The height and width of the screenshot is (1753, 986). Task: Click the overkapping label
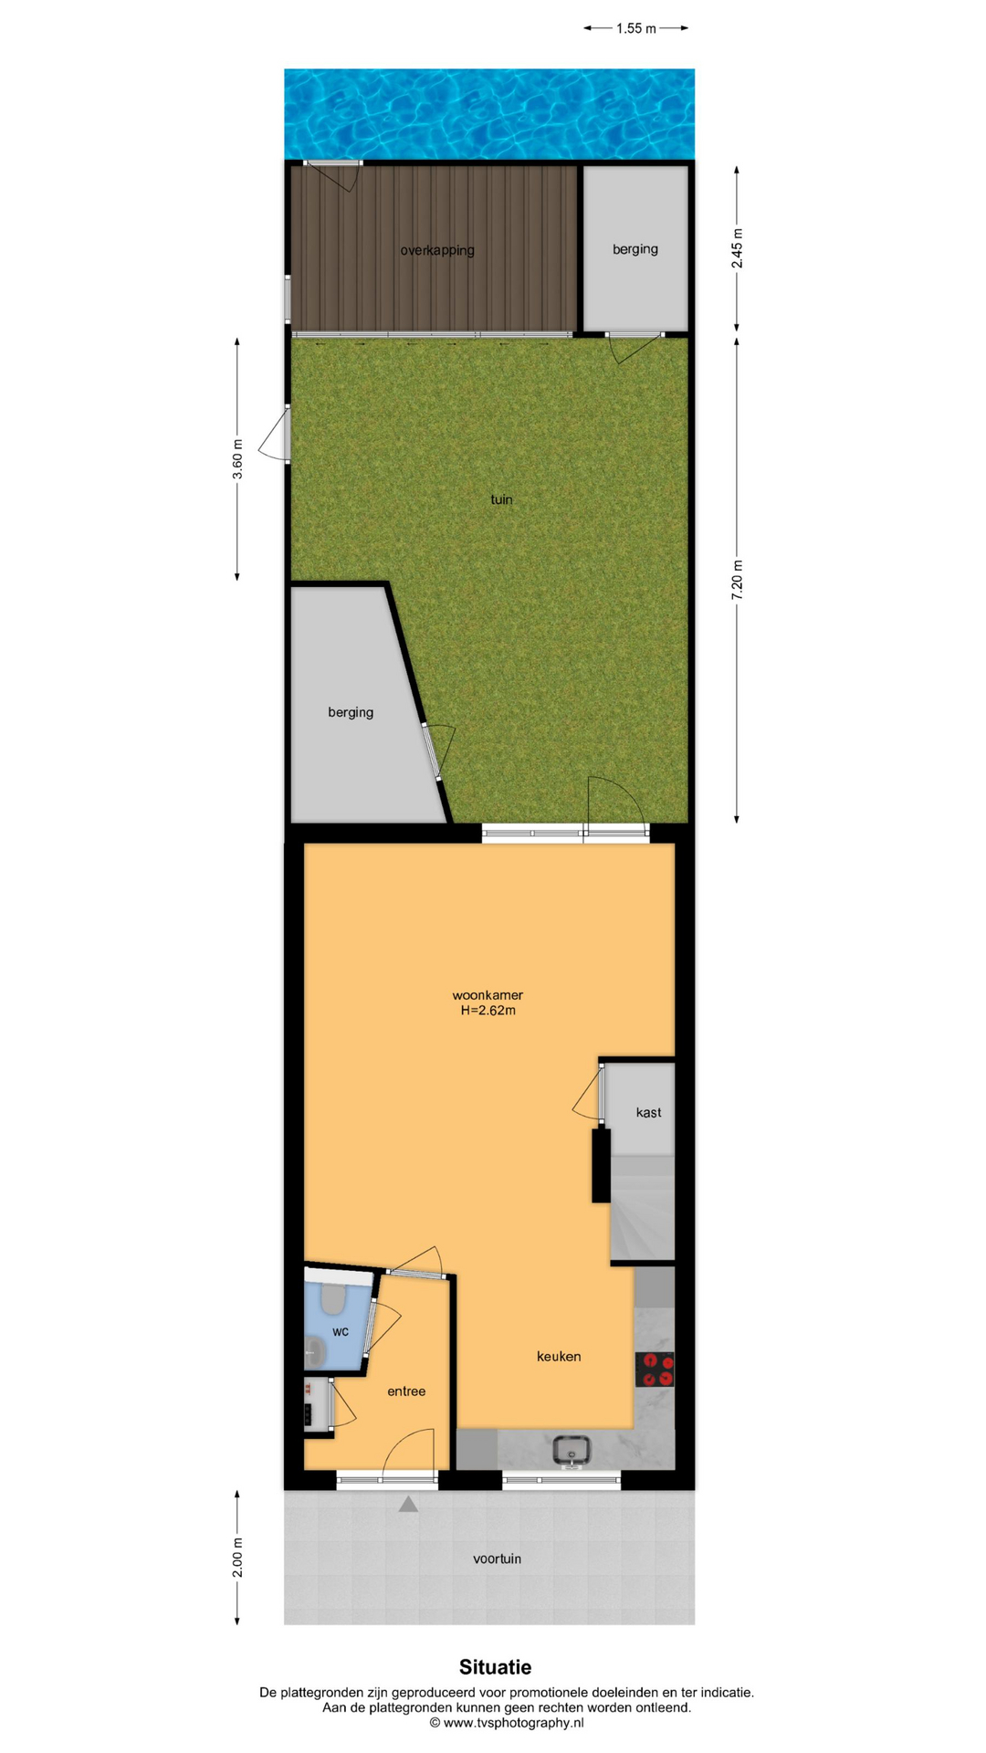point(437,250)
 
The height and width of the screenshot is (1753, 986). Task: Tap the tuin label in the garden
point(501,499)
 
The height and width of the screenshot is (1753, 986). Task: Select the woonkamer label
point(488,995)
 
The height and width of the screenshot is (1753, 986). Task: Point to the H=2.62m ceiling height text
point(488,1011)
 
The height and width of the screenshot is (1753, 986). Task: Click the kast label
point(648,1112)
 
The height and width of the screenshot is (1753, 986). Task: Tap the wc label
point(341,1332)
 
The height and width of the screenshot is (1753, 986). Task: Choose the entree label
point(406,1391)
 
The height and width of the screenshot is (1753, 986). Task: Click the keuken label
point(559,1357)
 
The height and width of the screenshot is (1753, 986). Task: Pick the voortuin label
point(497,1559)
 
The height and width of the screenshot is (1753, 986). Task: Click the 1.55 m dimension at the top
point(635,28)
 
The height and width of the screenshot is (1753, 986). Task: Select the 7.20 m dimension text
point(737,580)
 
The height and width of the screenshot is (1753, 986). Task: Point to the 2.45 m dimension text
point(737,248)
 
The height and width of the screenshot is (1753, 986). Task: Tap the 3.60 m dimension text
point(237,459)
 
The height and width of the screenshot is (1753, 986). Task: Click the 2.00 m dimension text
point(237,1558)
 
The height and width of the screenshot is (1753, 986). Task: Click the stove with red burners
point(655,1370)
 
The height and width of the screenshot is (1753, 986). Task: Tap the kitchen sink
point(572,1449)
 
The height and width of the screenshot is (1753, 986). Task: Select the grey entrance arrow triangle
point(408,1504)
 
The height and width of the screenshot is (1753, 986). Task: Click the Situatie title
point(495,1667)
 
